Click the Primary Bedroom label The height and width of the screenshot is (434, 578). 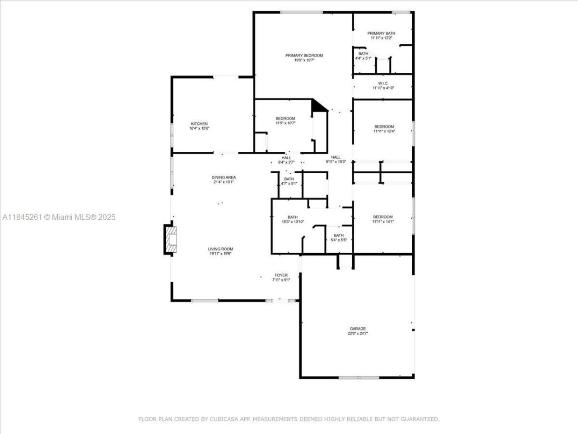point(304,56)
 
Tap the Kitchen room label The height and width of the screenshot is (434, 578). point(199,124)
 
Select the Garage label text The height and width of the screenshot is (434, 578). point(358,329)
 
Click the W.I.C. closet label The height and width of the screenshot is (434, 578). point(383,83)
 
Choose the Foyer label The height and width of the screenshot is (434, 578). point(281,275)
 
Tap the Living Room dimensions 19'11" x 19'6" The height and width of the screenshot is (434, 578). point(220,254)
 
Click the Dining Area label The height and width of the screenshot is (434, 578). point(224,177)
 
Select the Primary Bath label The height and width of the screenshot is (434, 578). point(381,33)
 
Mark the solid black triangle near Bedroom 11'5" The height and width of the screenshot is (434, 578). point(318,106)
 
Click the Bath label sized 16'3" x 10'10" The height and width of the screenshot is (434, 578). point(293,217)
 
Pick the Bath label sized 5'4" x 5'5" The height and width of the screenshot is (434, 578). point(339,235)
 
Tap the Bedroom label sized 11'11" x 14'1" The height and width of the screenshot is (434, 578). point(382,217)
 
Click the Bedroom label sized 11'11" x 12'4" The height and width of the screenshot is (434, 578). point(384,127)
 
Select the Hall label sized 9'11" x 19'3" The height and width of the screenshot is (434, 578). point(336,157)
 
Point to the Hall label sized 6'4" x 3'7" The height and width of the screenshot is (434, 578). point(286,157)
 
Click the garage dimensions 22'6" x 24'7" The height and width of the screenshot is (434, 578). point(358,334)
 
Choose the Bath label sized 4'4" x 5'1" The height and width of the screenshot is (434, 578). point(363,53)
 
